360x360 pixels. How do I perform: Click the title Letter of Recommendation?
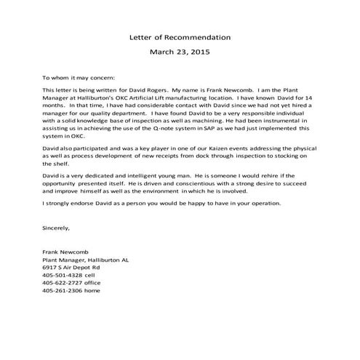tap(180, 36)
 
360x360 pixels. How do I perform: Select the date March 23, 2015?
tap(180, 52)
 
